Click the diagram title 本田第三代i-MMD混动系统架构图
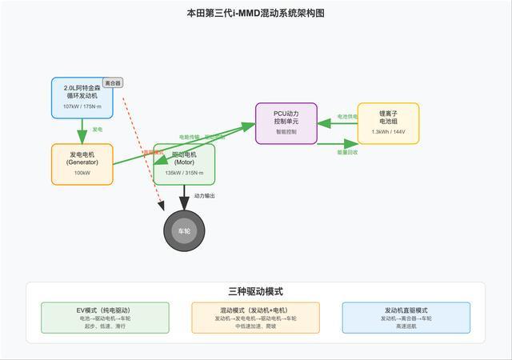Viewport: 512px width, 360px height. (x=255, y=13)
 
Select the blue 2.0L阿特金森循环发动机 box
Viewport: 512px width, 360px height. (x=82, y=98)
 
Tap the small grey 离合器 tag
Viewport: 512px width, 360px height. (x=113, y=82)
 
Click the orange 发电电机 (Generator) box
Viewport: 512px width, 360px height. (x=82, y=164)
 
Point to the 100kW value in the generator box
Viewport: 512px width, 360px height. (x=82, y=173)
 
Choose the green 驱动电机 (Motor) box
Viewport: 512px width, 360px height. (x=184, y=164)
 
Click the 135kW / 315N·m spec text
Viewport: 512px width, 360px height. (x=184, y=173)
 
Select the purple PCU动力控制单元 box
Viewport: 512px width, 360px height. (x=286, y=123)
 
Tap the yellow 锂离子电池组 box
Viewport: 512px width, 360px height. (x=388, y=123)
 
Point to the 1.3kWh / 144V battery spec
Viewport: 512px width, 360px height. (x=388, y=132)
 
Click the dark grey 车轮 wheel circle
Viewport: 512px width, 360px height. (x=184, y=231)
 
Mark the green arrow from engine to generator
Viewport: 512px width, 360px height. (x=82, y=130)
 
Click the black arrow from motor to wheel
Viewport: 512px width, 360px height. (x=184, y=198)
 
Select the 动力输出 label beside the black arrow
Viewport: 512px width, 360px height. (x=204, y=196)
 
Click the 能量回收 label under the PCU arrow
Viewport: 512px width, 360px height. (x=348, y=150)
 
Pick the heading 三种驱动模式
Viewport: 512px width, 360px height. (x=255, y=292)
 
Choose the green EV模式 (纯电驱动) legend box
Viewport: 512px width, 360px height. (x=105, y=318)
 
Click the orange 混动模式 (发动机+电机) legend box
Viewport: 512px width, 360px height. (x=255, y=318)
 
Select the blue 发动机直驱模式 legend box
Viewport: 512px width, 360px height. (x=406, y=318)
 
